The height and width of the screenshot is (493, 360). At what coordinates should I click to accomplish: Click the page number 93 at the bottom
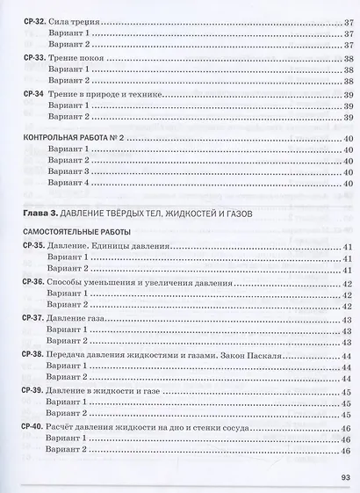pyautogui.click(x=344, y=479)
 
